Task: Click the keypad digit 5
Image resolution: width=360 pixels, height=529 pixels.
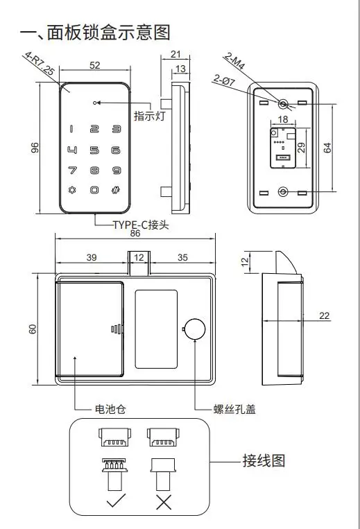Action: [x=94, y=150]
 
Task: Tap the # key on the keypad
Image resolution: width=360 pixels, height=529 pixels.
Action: [x=116, y=190]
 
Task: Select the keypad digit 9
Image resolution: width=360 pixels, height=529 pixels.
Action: [x=117, y=171]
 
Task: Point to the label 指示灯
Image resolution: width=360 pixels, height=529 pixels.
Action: [x=149, y=116]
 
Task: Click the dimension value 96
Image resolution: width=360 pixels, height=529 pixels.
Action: [x=35, y=148]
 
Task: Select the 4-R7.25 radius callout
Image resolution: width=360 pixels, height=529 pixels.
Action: [x=40, y=63]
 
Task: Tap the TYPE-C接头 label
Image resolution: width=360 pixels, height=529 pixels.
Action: [x=141, y=225]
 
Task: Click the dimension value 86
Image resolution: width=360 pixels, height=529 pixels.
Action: [x=135, y=233]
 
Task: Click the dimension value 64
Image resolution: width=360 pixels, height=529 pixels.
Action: [x=327, y=148]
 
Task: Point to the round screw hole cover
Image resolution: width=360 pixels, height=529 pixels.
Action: [x=195, y=329]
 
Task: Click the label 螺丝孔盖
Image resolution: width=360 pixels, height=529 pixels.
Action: [x=234, y=409]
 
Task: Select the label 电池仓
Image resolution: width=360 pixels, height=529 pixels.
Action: [x=110, y=409]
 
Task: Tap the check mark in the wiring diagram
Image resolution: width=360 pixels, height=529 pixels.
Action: [x=116, y=501]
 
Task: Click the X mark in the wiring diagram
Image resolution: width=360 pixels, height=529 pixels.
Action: [x=164, y=502]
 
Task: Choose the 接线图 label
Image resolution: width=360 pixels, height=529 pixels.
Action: [x=264, y=461]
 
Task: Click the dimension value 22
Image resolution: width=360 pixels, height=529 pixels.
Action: [x=324, y=315]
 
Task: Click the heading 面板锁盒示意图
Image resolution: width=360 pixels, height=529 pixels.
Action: [x=108, y=33]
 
